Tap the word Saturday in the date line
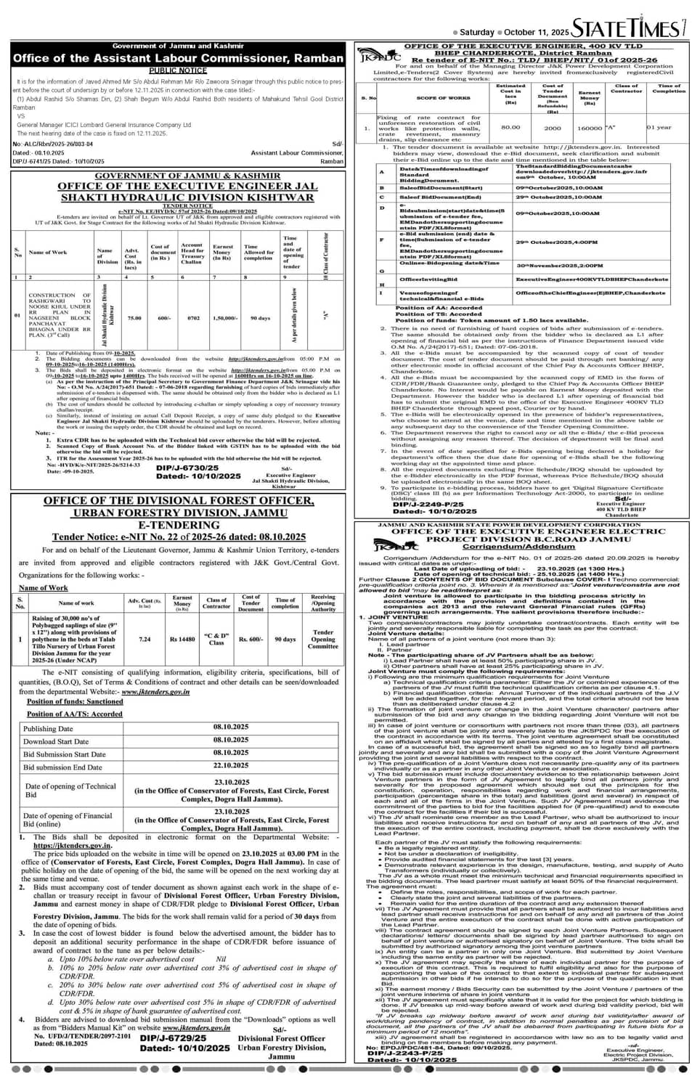click(477, 33)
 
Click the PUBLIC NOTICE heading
click(178, 70)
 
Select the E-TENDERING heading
click(179, 525)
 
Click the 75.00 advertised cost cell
click(134, 318)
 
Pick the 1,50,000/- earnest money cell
click(222, 318)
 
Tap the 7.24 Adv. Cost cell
click(145, 640)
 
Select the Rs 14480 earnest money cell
click(182, 640)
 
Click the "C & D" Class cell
click(216, 640)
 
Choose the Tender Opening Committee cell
click(322, 640)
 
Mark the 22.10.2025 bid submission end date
click(231, 766)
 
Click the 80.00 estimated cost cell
click(510, 127)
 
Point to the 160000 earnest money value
click(590, 127)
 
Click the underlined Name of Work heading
click(44, 587)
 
